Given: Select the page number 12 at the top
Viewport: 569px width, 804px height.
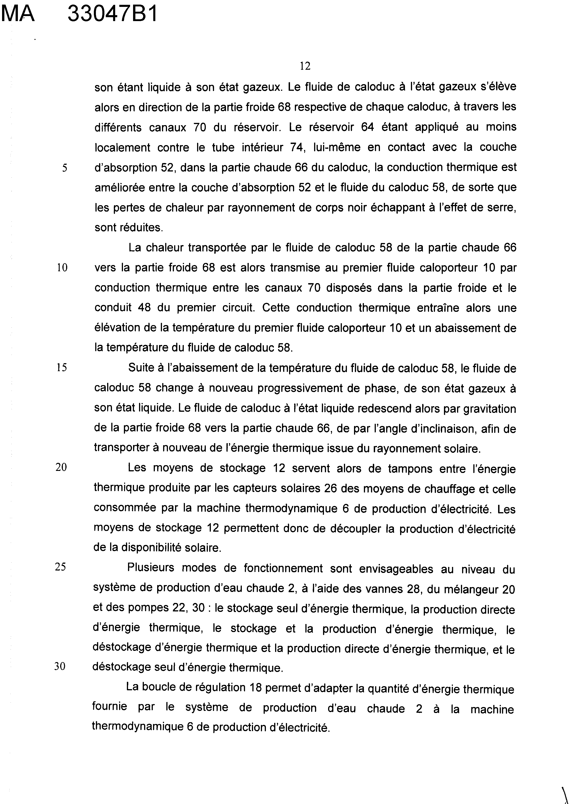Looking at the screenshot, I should [x=305, y=66].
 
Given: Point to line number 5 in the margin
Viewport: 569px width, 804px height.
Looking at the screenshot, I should [x=64, y=168].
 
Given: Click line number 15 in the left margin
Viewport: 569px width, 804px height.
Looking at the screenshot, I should [x=62, y=367].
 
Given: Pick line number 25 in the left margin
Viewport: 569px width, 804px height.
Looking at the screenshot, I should [x=60, y=566].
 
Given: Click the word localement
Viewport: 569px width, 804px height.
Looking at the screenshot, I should [x=122, y=147].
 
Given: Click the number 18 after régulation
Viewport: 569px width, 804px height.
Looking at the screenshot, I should [x=256, y=688].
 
